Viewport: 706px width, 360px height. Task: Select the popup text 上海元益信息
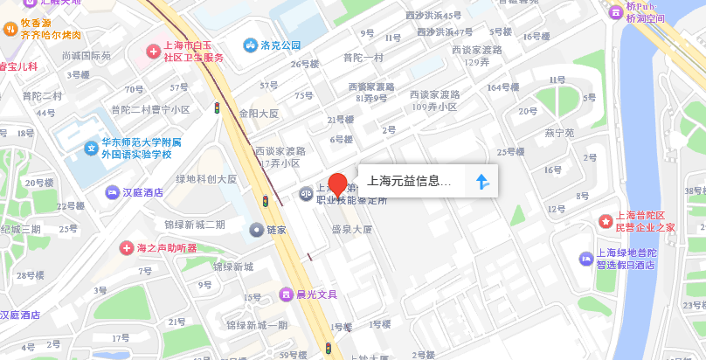coord(409,182)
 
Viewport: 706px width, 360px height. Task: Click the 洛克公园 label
coord(280,45)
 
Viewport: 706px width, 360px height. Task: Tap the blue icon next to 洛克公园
coord(251,45)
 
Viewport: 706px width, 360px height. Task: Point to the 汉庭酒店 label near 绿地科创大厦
coord(142,191)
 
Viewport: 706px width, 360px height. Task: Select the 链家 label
coord(278,229)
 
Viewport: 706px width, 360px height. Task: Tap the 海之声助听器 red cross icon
coord(126,248)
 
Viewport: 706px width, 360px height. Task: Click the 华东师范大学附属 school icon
coord(90,148)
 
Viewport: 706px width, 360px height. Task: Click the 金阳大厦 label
coord(259,114)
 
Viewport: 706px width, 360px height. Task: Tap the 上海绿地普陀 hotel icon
coord(586,258)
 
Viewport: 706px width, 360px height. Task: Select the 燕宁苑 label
coord(559,134)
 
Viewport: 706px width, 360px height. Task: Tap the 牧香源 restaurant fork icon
coord(10,29)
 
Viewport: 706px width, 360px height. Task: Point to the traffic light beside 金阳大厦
coord(217,107)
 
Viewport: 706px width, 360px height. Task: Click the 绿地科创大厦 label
coord(206,179)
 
